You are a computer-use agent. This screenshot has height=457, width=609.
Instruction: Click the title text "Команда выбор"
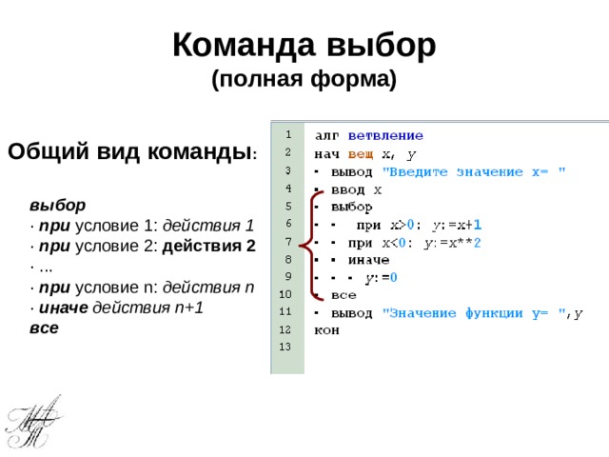(x=304, y=45)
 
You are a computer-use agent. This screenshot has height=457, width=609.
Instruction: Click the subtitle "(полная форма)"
(x=304, y=79)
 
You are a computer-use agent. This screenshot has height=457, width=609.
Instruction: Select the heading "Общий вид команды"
(x=129, y=152)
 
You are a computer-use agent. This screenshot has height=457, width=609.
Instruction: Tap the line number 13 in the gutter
(x=286, y=346)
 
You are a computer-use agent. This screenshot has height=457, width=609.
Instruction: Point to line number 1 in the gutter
(x=286, y=134)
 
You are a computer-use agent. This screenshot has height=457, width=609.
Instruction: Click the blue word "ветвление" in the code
(x=385, y=136)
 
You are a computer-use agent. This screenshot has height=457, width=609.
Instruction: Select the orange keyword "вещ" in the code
(x=360, y=153)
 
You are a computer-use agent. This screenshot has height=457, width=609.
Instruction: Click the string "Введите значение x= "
(x=474, y=171)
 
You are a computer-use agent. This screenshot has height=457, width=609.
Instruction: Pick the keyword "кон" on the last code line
(x=326, y=329)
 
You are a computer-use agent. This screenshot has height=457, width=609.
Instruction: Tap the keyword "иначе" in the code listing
(x=366, y=259)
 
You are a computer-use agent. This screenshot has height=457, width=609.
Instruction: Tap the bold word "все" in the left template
(x=44, y=328)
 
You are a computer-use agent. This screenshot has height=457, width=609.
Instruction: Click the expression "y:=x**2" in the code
(x=452, y=242)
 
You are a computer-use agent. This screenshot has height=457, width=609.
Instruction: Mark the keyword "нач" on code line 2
(x=327, y=153)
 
